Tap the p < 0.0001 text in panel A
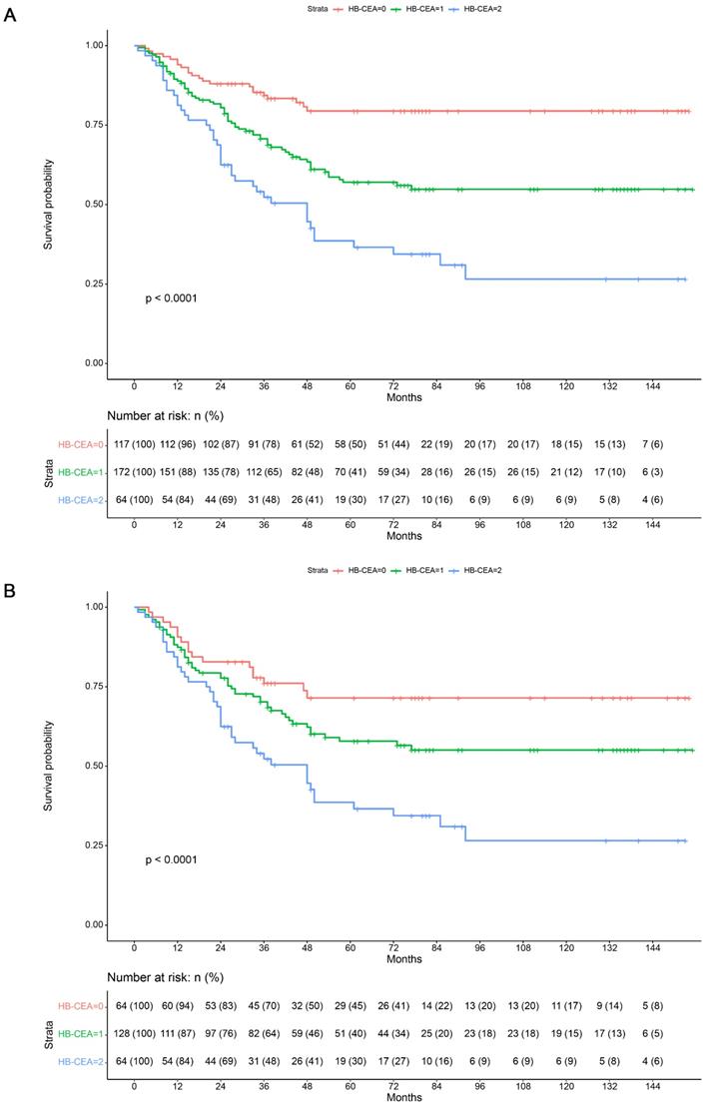(171, 297)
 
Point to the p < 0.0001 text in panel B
(171, 859)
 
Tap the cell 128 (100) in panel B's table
(134, 1032)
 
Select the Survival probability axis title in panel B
(48, 766)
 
